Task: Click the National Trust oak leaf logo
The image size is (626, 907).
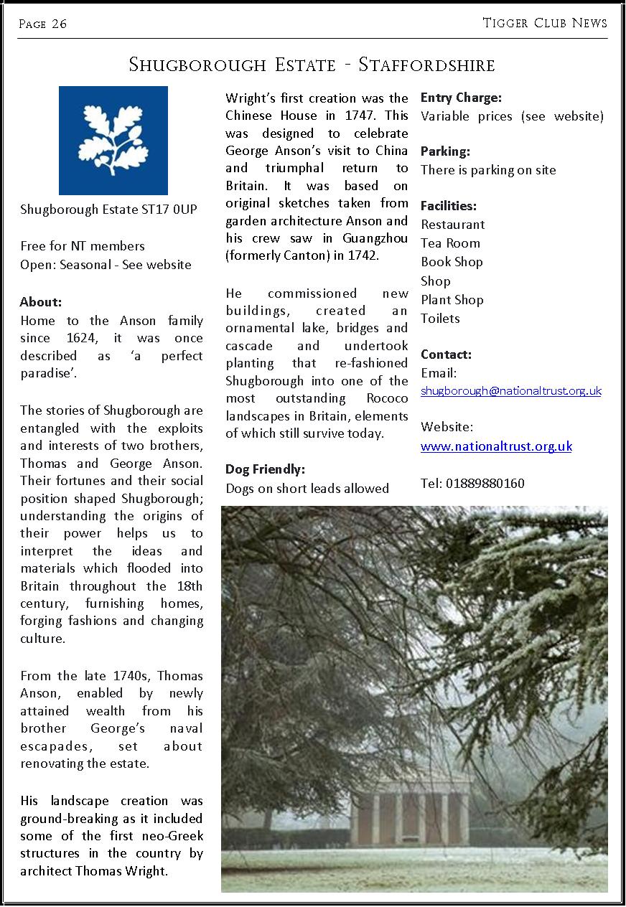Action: (x=113, y=141)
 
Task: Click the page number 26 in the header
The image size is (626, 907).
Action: (x=59, y=24)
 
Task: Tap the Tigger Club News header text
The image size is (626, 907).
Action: (x=545, y=23)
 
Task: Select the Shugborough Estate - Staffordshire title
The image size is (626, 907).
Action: (x=312, y=65)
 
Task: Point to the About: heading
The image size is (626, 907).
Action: (x=41, y=302)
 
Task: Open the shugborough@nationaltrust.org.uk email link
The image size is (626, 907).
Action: (x=510, y=391)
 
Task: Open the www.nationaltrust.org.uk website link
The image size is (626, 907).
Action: (x=496, y=446)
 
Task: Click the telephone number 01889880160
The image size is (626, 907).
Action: (x=485, y=484)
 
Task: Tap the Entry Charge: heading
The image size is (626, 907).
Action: (x=461, y=98)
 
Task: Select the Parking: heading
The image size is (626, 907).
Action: (x=445, y=151)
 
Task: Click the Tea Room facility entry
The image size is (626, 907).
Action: (x=450, y=243)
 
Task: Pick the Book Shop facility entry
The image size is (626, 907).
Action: (x=452, y=262)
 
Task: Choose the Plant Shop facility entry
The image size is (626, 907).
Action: (x=452, y=300)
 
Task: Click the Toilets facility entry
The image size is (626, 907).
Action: (x=440, y=319)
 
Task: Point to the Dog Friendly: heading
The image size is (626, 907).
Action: (x=265, y=469)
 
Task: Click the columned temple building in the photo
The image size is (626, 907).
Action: (x=409, y=814)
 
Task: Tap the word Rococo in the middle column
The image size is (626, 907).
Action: (x=388, y=398)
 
